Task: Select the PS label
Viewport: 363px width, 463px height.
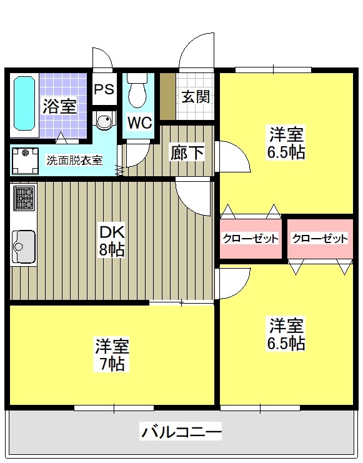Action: (104, 89)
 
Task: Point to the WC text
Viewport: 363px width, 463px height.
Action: (139, 122)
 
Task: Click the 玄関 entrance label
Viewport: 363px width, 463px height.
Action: (195, 97)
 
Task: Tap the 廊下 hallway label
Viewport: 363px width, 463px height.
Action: (187, 152)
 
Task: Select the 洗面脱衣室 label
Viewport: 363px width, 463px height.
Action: (74, 160)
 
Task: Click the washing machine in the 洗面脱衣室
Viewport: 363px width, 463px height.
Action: (25, 159)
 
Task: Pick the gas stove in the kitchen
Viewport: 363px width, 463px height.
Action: (24, 199)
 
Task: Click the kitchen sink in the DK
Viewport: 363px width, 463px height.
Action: (23, 246)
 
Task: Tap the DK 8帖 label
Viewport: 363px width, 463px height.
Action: (113, 241)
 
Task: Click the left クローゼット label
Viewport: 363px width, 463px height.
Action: (251, 239)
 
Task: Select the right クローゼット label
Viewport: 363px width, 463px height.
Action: (319, 239)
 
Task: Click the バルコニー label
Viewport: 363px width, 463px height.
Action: (181, 432)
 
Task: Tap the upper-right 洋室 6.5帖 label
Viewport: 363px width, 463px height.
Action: (287, 143)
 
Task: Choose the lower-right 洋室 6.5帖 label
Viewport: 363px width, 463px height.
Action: (287, 334)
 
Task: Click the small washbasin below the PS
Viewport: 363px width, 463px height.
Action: (105, 120)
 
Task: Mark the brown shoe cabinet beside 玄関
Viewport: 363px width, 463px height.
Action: (167, 96)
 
